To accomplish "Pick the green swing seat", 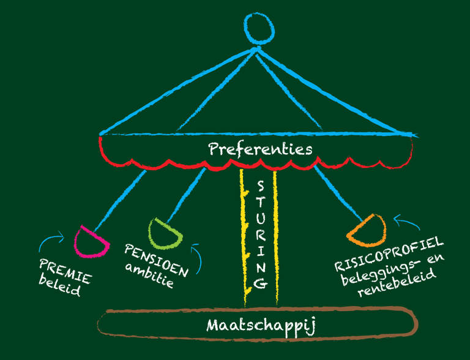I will coord(164,231).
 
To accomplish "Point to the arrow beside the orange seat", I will coord(405,219).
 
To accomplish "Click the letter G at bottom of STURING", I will coord(260,282).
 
